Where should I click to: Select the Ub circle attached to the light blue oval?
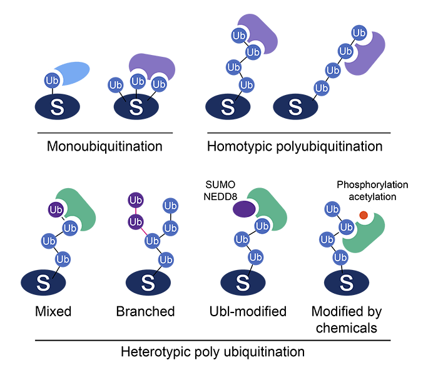[51, 80]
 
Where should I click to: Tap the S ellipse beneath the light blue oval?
[57, 107]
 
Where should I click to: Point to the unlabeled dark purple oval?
[243, 209]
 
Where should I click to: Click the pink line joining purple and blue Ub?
[144, 231]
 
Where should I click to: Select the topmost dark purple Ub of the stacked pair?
[136, 201]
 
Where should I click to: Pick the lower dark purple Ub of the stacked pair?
[136, 222]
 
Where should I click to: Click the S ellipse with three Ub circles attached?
[136, 107]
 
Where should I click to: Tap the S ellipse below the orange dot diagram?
[345, 283]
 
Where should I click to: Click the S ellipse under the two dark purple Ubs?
[148, 283]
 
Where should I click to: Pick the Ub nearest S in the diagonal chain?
[322, 88]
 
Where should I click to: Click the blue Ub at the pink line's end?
[152, 241]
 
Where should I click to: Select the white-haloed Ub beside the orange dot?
[346, 227]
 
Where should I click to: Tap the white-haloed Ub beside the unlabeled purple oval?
[262, 226]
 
